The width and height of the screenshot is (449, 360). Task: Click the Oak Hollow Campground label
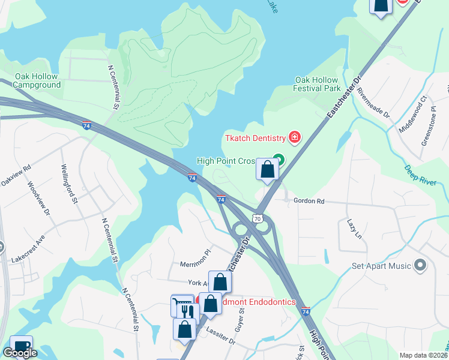[x=38, y=80]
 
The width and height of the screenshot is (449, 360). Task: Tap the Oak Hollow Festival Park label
[x=317, y=84]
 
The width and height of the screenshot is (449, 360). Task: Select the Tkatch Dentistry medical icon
[x=294, y=138]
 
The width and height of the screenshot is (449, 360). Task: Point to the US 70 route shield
[x=258, y=219]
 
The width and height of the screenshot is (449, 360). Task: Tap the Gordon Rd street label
[x=309, y=202]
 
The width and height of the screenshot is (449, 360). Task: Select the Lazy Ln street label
[x=352, y=229]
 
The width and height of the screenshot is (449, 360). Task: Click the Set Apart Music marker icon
[x=420, y=265]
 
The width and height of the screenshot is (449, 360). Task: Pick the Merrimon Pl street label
[x=197, y=264]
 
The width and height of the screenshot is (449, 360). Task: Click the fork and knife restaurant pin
[x=188, y=312]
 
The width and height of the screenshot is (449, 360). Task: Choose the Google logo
[x=20, y=353]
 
